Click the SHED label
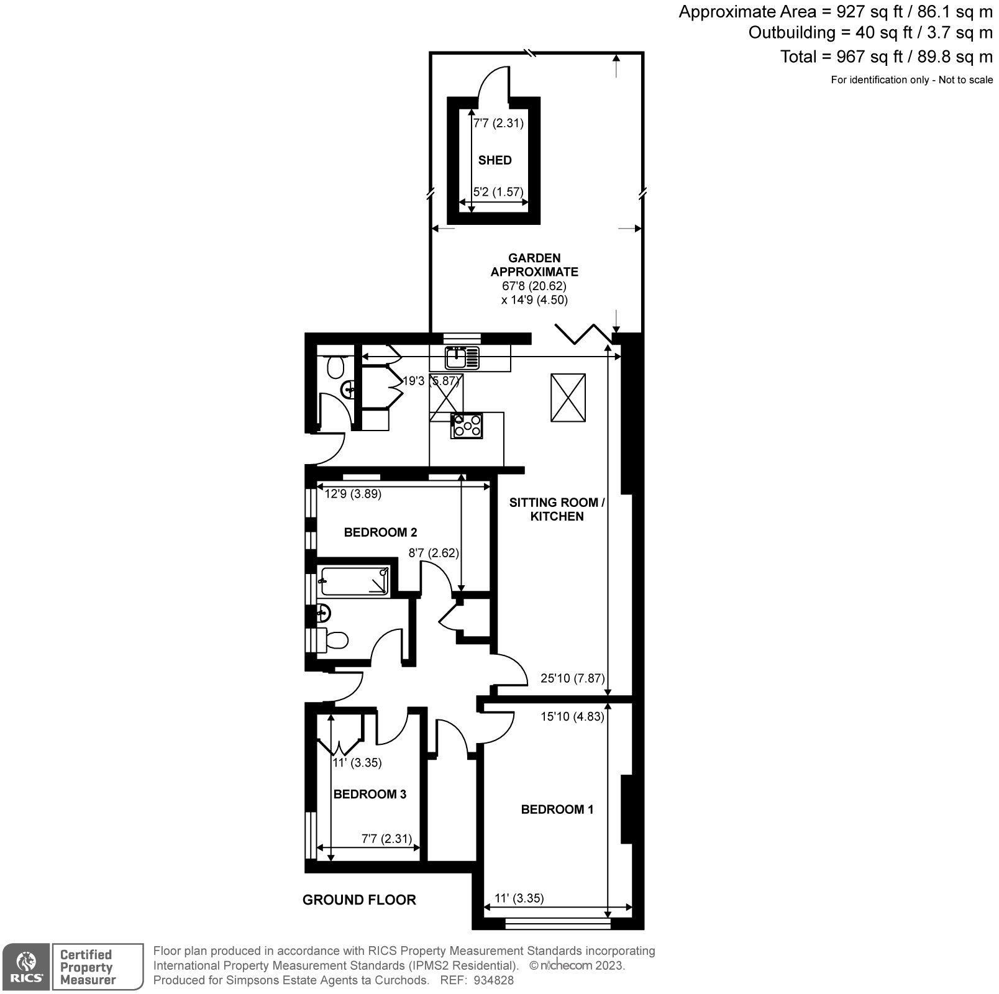click(x=495, y=160)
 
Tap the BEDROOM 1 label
click(x=557, y=809)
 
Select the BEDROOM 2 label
click(x=380, y=532)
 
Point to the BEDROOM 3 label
click(x=370, y=795)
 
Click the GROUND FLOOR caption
click(x=359, y=900)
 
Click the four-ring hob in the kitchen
click(x=467, y=426)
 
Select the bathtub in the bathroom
click(x=354, y=581)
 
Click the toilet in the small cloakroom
click(x=335, y=367)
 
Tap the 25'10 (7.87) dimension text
click(x=572, y=678)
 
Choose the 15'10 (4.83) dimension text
click(x=572, y=716)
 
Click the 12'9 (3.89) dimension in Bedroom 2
click(x=353, y=495)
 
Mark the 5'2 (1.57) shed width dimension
click(x=498, y=192)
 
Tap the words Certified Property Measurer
click(x=88, y=967)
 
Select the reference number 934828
click(x=493, y=980)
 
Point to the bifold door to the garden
click(x=583, y=334)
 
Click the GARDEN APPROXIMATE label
click(x=534, y=265)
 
